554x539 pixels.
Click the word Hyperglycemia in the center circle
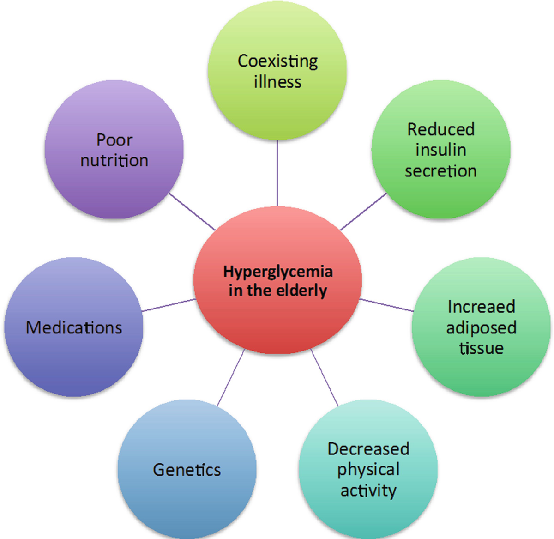point(277,272)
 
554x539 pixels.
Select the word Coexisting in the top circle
point(277,61)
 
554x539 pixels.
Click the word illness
point(277,82)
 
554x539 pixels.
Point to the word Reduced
point(441,129)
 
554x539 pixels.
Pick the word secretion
point(441,171)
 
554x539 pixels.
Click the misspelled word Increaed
point(481,307)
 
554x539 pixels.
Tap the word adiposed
point(481,328)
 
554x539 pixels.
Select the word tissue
point(481,348)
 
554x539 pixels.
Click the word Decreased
point(368,449)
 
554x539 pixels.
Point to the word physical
point(368,470)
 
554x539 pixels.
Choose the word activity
point(368,491)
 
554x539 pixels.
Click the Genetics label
point(187,470)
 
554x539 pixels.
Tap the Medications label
point(74,328)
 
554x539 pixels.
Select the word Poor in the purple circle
point(114,139)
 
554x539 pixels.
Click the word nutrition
point(114,161)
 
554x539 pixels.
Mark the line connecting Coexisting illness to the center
point(277,173)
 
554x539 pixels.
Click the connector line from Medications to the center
point(169,305)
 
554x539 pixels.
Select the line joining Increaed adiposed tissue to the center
point(386,305)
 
